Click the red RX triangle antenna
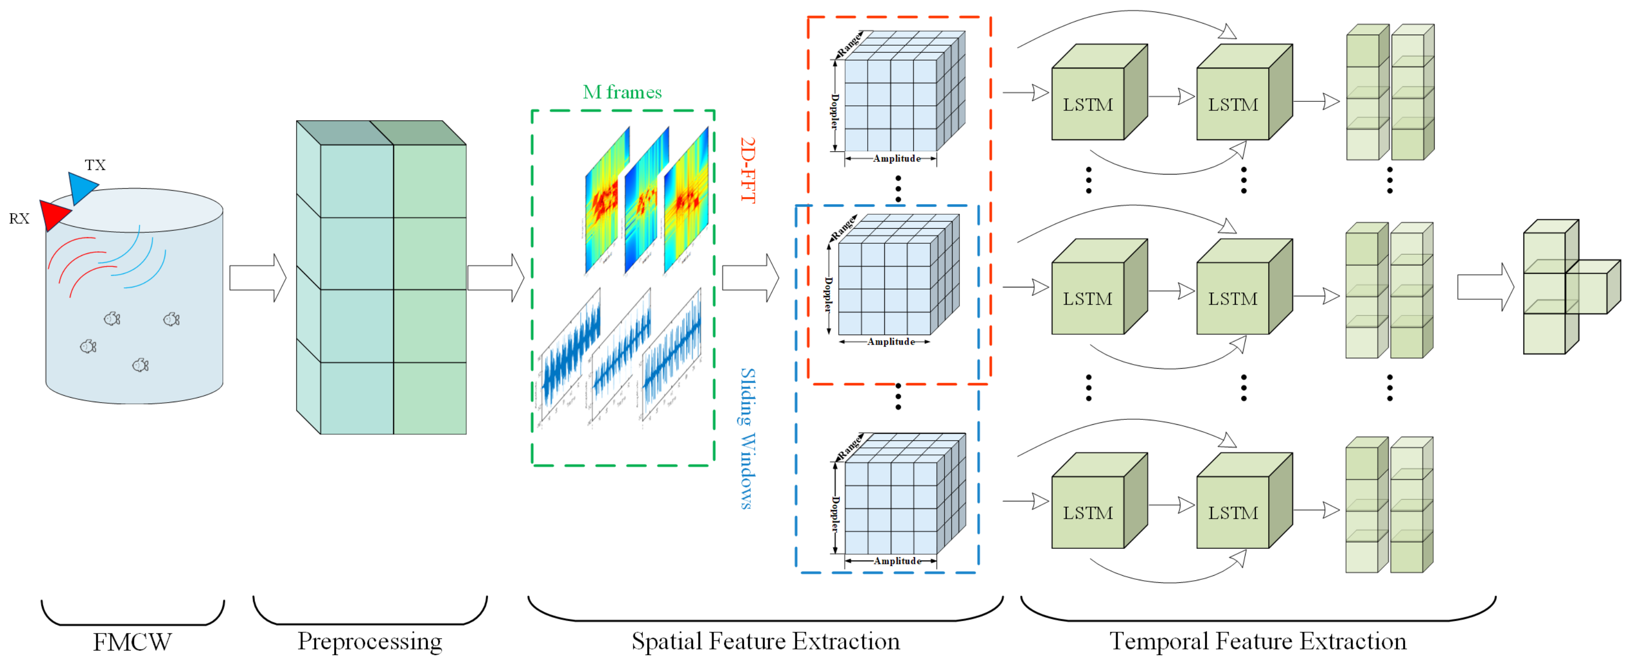53,214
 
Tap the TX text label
95,165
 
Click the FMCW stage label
132,642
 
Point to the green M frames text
622,93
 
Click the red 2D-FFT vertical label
748,170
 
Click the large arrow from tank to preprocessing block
257,278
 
